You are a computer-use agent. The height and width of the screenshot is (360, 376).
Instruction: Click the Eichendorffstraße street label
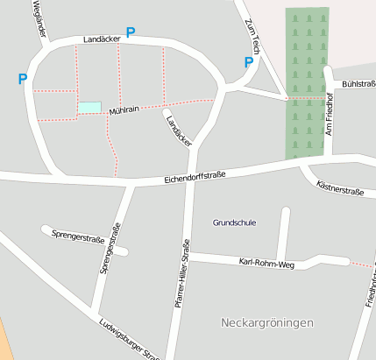(x=195, y=176)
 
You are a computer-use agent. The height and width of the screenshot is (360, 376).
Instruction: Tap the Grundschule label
(x=234, y=222)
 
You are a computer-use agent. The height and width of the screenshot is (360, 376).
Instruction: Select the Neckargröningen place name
(x=267, y=323)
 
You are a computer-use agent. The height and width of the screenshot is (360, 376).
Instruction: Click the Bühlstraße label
(x=358, y=84)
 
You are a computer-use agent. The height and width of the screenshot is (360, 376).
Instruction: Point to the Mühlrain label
(x=124, y=109)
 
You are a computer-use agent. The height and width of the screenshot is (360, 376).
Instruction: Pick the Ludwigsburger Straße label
(x=129, y=339)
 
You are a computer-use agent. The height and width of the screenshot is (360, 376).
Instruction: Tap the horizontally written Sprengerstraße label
(x=78, y=236)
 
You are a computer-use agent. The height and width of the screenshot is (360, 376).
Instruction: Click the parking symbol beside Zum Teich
(x=248, y=62)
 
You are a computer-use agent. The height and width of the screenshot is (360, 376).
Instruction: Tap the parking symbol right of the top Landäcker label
(x=131, y=32)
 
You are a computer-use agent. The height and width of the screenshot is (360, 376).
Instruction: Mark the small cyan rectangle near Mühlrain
(x=89, y=107)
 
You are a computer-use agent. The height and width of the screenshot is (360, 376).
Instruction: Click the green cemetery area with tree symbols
(x=307, y=83)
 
